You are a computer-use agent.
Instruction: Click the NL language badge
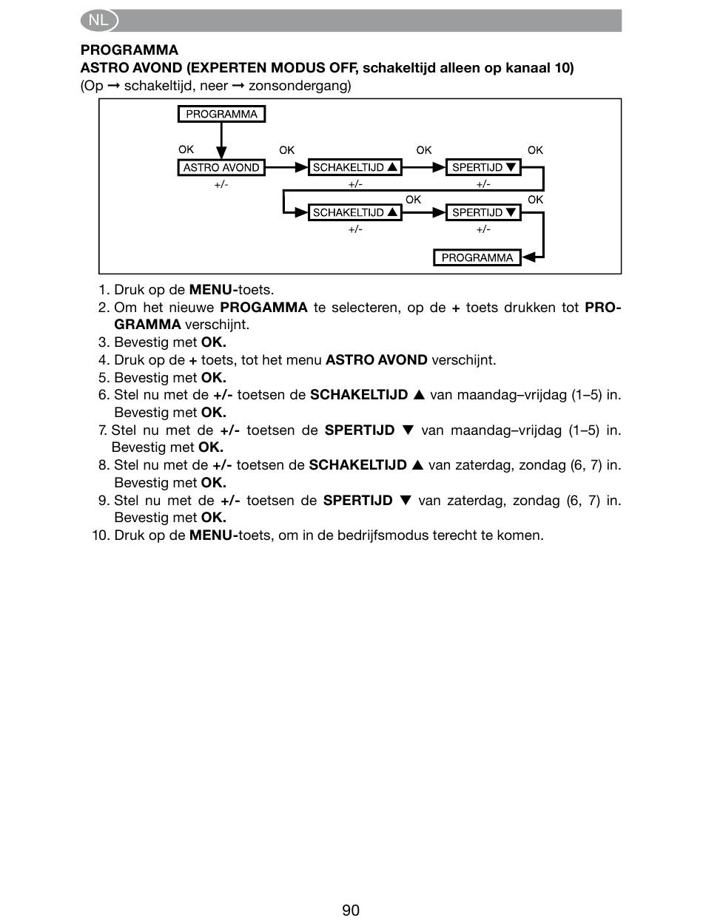tap(98, 21)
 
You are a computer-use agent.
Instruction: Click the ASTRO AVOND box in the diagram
tap(221, 168)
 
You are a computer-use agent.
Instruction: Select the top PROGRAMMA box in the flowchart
tap(221, 114)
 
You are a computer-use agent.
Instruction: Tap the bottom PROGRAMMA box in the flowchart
tap(477, 257)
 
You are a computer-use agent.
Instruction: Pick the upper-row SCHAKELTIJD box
tap(355, 168)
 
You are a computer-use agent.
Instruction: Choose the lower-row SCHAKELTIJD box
tap(355, 212)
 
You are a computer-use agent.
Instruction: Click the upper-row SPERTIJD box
tap(483, 168)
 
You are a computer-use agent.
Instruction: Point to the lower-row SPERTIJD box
tap(483, 212)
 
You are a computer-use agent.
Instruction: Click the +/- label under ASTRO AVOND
tap(221, 184)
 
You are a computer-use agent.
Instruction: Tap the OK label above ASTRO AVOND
tap(186, 149)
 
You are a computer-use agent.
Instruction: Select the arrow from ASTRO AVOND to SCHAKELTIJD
tap(286, 168)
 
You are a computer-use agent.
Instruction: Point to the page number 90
tap(351, 910)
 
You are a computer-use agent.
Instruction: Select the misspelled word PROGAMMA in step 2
tap(263, 307)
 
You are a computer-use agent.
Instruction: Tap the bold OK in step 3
tap(213, 342)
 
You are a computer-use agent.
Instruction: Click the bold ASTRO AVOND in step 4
tap(377, 360)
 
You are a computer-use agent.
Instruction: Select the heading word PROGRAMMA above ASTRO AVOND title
tap(129, 50)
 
